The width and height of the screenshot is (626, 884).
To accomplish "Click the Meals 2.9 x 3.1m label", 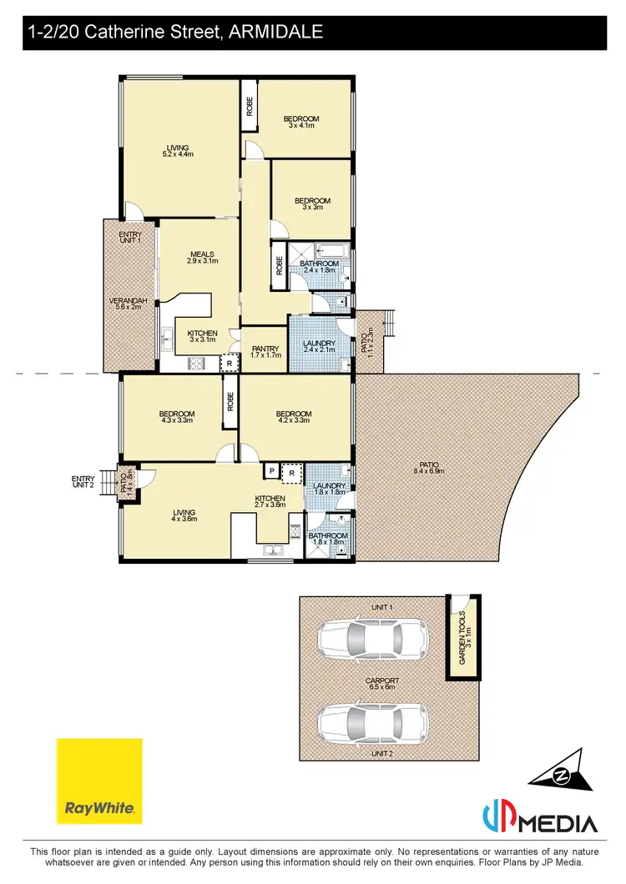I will (x=202, y=257).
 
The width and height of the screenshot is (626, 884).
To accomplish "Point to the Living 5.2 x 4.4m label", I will (x=177, y=151).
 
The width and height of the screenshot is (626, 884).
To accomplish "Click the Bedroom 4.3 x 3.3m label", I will (x=177, y=418).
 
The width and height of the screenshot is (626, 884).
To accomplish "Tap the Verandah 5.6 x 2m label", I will (x=128, y=304).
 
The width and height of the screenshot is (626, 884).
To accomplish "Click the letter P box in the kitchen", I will (x=271, y=472).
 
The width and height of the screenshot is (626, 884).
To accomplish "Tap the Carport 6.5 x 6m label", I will (x=382, y=684).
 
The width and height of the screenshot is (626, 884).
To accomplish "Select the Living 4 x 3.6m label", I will (x=184, y=516).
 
